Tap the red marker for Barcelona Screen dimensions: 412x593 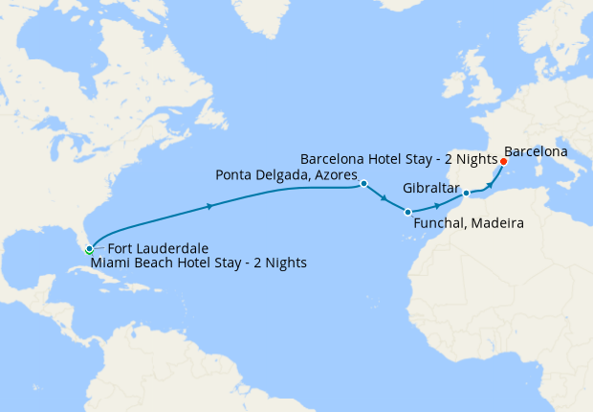[x=503, y=161]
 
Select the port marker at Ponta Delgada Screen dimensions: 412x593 [x=364, y=183]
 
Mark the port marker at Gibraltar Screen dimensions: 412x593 [x=466, y=194]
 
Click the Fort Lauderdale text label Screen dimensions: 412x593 [x=153, y=246]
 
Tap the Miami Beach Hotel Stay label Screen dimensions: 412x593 [x=198, y=262]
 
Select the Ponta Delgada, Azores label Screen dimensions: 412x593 [x=286, y=175]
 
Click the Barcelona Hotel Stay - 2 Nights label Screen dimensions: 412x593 [x=398, y=158]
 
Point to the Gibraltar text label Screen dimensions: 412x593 [x=431, y=188]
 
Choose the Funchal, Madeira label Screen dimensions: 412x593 [x=468, y=223]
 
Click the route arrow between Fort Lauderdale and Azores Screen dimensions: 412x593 [x=209, y=205]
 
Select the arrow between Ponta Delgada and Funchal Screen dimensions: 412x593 [x=384, y=199]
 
